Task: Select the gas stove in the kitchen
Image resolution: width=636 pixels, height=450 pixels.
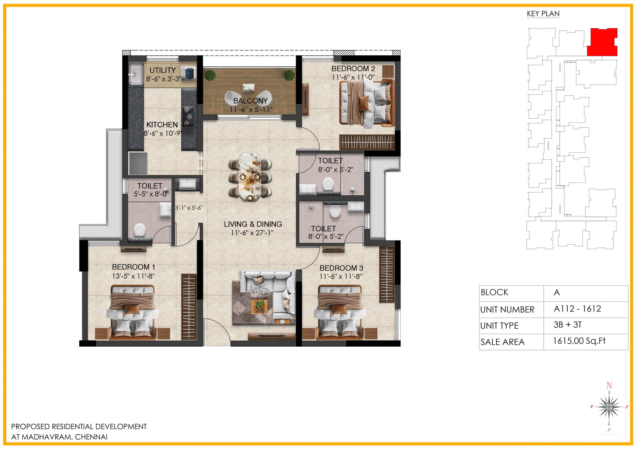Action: [188, 116]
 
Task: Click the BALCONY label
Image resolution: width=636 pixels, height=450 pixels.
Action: [250, 101]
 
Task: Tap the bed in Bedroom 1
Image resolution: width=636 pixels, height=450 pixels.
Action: [132, 313]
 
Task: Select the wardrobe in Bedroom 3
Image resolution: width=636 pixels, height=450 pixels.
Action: [387, 274]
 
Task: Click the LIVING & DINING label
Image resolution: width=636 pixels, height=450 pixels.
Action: [253, 224]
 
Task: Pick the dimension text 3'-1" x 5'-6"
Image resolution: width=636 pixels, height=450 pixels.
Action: [189, 208]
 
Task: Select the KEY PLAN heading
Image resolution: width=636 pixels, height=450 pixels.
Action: [543, 14]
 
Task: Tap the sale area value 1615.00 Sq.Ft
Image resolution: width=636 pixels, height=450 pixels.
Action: [579, 341]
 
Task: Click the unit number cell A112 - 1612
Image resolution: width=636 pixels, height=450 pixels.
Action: [577, 309]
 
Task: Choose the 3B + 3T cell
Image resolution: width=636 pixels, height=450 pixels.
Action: [567, 325]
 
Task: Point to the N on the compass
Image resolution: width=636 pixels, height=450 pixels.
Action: [609, 385]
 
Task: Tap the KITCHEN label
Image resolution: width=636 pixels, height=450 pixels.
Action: [162, 125]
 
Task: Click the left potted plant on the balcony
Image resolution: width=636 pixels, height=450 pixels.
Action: [210, 75]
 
